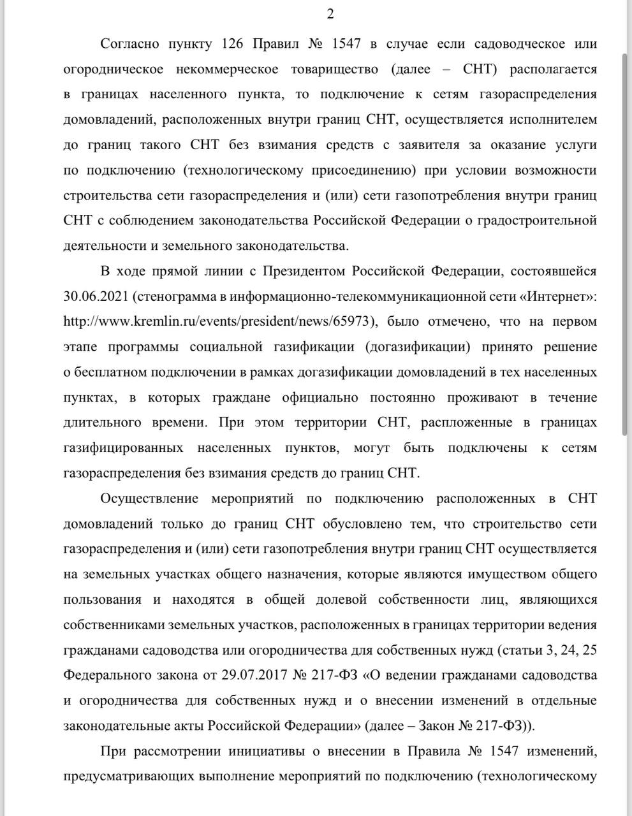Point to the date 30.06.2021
[x=95, y=296]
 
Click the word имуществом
[x=507, y=574]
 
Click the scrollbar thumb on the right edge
[x=626, y=242]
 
